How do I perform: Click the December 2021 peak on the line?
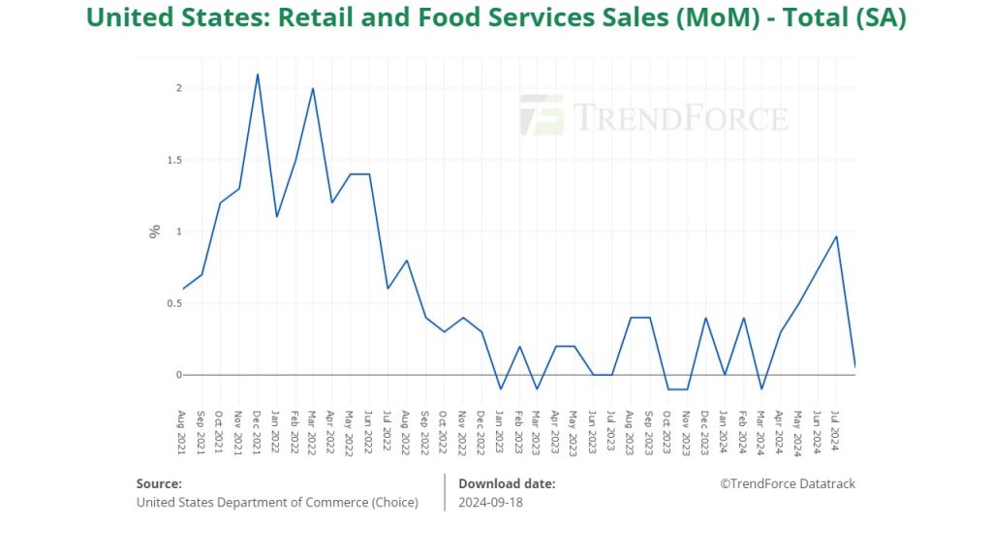point(257,75)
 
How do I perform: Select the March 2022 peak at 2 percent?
point(313,89)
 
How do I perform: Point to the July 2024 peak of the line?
point(836,236)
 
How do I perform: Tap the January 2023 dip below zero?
point(500,388)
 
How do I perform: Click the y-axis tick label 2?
point(178,88)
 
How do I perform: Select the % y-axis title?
point(154,232)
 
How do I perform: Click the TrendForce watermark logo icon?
point(541,115)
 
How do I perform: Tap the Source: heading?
point(159,483)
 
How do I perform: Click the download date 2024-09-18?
point(491,502)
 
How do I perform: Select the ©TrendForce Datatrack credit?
point(788,483)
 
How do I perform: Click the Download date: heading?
point(507,483)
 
